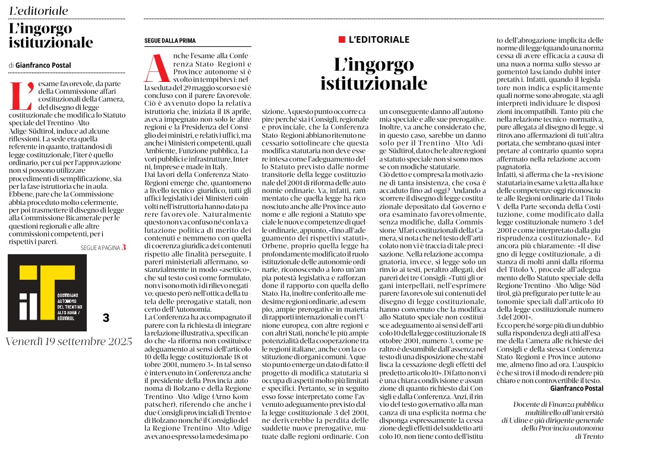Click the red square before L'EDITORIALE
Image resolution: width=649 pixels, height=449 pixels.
pos(342,39)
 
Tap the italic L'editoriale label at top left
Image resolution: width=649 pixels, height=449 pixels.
pos(39,11)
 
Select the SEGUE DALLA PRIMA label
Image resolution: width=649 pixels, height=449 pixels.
pos(170,40)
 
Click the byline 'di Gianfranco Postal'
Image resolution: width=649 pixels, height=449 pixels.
pos(40,65)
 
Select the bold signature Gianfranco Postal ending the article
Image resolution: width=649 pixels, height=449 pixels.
pos(576,387)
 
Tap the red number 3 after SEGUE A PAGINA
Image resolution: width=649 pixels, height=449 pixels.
pos(124,247)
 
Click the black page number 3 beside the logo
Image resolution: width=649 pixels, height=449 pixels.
pos(106,318)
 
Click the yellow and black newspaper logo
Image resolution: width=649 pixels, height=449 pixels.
pos(47,293)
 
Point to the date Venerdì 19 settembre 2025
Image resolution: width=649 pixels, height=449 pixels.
pos(69,342)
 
